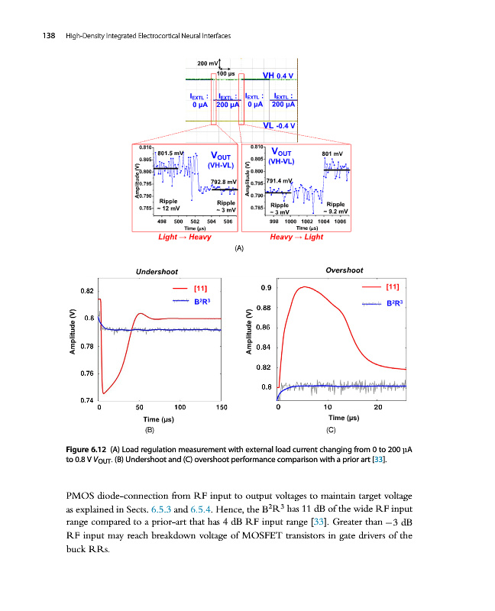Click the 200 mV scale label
(207, 63)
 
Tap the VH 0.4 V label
(278, 76)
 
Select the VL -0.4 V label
(278, 126)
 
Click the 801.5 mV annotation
(170, 152)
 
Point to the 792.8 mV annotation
(214, 181)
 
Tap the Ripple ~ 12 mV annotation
(169, 204)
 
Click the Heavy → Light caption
(296, 237)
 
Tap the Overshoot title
(344, 270)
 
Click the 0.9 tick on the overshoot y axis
(265, 288)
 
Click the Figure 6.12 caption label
(89, 449)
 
